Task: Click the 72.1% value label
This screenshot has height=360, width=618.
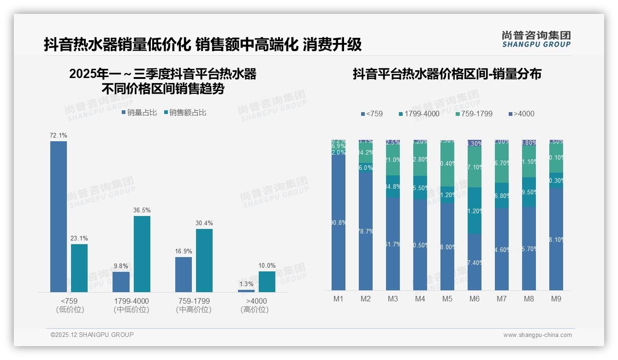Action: pos(59,136)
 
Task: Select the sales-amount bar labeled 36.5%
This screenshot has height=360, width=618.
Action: pos(142,254)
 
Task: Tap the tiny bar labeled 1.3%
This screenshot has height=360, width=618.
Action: pos(246,291)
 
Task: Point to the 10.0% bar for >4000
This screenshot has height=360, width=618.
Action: pos(267,282)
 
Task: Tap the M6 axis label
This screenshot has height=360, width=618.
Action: pos(475,299)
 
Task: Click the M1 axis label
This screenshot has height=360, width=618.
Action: pos(339,299)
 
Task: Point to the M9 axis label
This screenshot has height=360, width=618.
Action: pos(556,299)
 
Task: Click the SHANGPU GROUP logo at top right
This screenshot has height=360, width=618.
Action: pos(536,39)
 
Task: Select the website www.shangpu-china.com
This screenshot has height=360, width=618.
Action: pos(537,335)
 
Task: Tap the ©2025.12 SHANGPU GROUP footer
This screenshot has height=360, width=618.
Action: pos(92,335)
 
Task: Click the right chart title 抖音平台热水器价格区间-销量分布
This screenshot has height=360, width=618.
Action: pos(447,74)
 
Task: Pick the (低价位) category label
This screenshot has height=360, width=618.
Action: pos(70,310)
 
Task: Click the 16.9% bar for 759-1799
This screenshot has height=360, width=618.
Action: pos(184,275)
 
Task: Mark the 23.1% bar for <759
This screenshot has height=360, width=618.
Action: pos(79,268)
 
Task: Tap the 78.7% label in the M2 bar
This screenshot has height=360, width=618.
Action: pos(365,231)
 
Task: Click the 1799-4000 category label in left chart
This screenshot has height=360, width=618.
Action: pos(131,301)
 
